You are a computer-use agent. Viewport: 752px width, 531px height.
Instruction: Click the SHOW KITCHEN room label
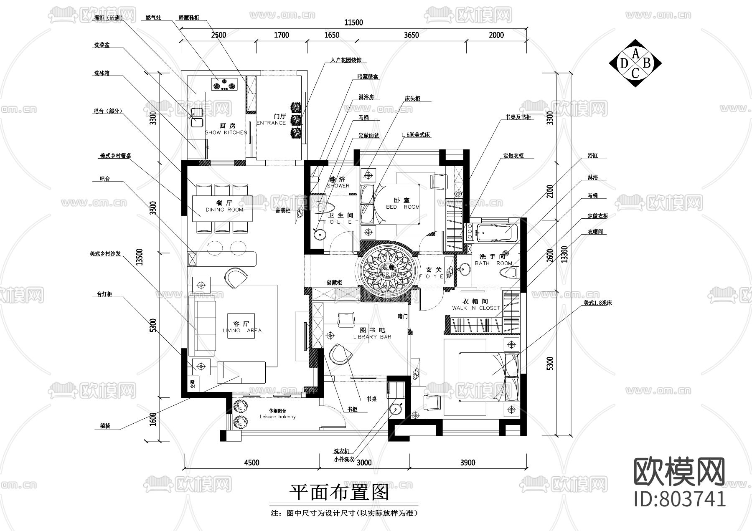click(x=226, y=132)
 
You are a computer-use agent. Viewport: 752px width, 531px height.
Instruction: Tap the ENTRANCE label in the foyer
click(x=271, y=123)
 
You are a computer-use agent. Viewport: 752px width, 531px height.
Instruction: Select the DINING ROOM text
click(x=224, y=210)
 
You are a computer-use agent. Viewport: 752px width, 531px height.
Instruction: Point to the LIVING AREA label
click(x=242, y=330)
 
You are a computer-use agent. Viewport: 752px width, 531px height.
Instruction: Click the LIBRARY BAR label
click(x=372, y=336)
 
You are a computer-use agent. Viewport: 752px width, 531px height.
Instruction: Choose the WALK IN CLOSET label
click(x=476, y=308)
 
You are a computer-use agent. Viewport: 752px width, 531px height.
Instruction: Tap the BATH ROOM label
click(x=493, y=263)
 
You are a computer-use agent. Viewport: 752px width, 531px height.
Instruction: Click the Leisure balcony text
click(x=277, y=417)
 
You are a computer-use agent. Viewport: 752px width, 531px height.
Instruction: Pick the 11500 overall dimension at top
click(x=353, y=23)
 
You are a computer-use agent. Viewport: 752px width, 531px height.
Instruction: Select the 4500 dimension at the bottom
click(x=252, y=462)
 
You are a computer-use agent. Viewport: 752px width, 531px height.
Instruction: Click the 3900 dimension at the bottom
click(x=467, y=462)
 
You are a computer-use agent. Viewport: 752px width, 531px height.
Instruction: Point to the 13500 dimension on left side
click(x=140, y=257)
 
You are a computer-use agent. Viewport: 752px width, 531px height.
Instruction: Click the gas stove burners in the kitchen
click(x=225, y=85)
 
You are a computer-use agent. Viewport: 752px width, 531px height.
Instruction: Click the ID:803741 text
click(x=680, y=498)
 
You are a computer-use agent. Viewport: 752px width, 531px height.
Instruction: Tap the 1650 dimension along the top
click(x=332, y=35)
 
